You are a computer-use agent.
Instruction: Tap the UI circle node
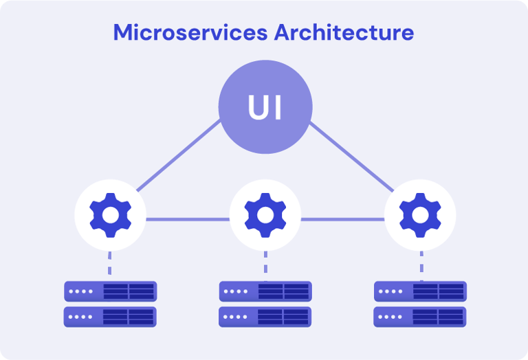click(265, 108)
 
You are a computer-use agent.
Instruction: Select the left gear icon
click(109, 214)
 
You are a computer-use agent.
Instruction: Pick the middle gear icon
click(265, 214)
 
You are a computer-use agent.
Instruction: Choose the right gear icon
click(420, 214)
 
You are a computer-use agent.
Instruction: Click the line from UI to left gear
click(179, 156)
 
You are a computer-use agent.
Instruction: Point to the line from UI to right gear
click(351, 156)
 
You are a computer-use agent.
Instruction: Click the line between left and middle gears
click(187, 220)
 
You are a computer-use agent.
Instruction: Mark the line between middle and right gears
click(342, 220)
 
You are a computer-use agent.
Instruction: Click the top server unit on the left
click(110, 291)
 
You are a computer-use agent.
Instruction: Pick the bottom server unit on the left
click(110, 317)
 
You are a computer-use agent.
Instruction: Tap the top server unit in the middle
click(265, 291)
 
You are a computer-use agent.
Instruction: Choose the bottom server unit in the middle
click(265, 317)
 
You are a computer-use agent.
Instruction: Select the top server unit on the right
click(420, 291)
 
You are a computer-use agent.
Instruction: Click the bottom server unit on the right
click(420, 317)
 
